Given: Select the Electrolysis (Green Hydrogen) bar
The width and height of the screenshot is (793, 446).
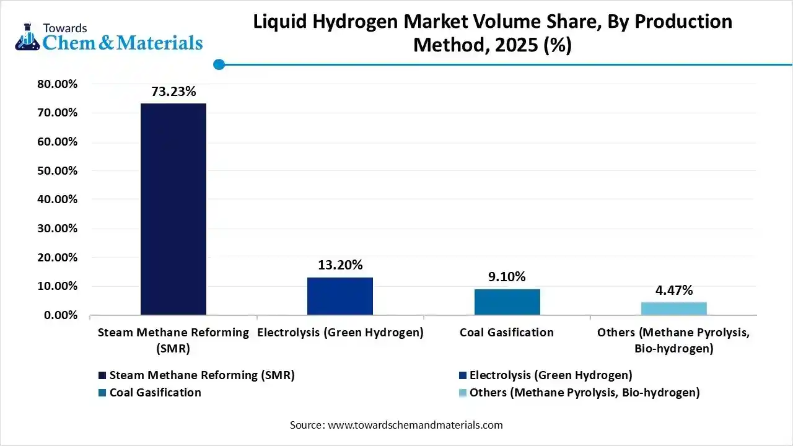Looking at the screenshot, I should coord(340,296).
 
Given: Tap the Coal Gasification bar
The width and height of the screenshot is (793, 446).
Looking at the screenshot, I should coord(507,302).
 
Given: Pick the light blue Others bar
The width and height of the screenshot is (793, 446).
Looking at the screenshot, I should coord(673,308).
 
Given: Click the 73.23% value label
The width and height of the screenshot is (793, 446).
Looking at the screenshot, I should coord(173,92).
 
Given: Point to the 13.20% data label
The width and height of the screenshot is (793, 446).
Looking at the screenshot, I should coord(340,266).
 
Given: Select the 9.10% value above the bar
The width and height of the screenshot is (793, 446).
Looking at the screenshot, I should coord(507,278).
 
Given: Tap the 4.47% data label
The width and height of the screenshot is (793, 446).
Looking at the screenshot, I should coord(673,291).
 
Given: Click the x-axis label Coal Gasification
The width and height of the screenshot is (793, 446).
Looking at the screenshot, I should coord(507,333).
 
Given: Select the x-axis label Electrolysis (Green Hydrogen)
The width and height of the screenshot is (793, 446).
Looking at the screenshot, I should coord(340,333).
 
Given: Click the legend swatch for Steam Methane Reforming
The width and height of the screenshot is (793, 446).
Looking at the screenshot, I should coord(102,375).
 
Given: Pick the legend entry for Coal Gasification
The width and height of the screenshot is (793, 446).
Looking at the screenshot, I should coord(155,393).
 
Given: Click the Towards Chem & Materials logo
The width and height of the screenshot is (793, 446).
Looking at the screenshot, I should coord(108,37).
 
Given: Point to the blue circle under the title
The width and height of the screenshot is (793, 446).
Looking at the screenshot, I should coord(219,64).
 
